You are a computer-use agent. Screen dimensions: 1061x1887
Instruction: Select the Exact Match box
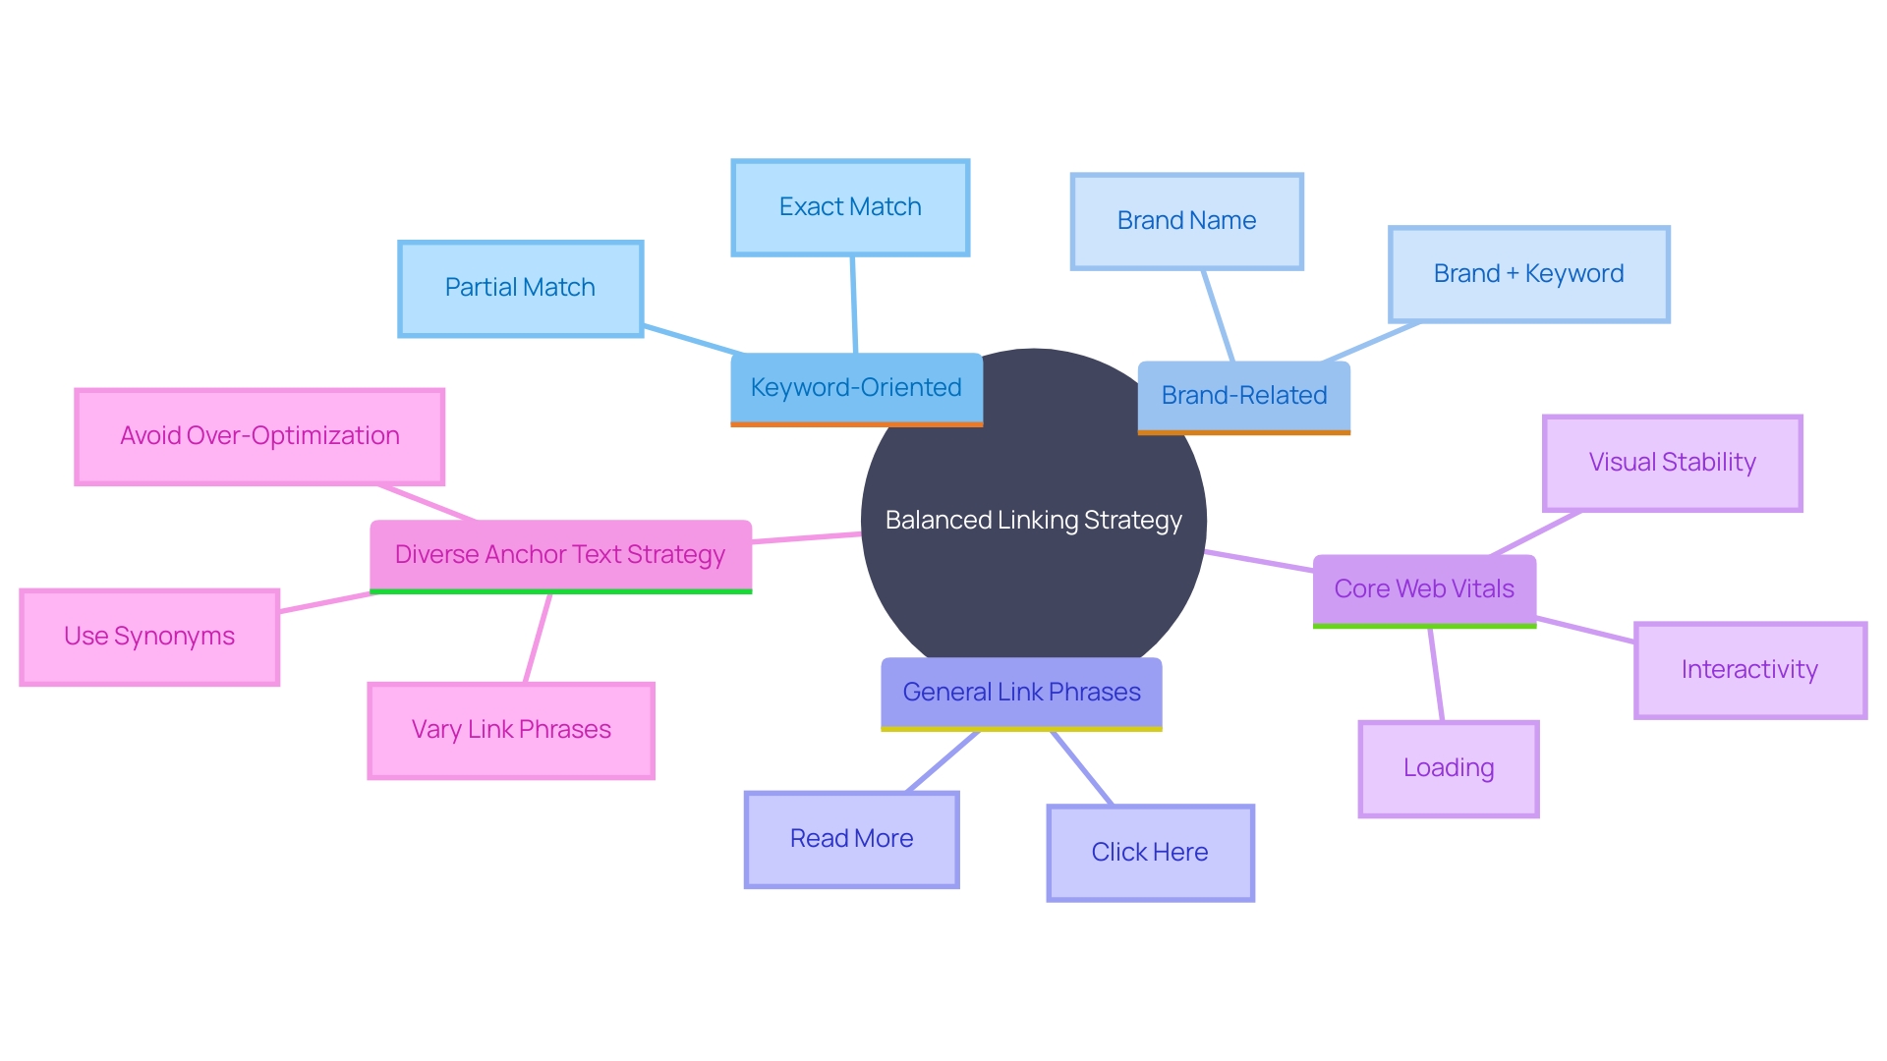coord(850,207)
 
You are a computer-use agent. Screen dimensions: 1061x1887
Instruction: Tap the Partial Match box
coord(520,288)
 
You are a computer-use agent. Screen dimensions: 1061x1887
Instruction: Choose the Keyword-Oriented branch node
coord(856,388)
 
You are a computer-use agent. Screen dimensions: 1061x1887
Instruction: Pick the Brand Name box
coord(1186,221)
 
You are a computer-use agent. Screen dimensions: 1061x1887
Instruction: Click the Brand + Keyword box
coord(1528,274)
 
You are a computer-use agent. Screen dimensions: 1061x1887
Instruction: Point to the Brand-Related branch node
coord(1243,396)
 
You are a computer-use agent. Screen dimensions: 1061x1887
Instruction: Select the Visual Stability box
coord(1672,463)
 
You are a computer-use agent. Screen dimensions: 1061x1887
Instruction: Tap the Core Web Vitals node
coord(1424,589)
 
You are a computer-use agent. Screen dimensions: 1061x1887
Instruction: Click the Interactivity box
coord(1749,670)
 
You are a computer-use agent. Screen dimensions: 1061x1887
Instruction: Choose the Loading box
coord(1449,768)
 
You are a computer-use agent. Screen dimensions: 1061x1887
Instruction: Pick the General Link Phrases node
coord(1021,693)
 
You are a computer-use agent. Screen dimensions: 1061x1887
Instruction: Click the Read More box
coord(851,839)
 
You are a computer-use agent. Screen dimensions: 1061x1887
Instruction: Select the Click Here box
coord(1150,853)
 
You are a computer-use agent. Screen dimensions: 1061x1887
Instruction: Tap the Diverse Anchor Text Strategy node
coord(560,555)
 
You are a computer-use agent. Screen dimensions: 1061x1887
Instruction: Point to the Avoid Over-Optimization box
coord(259,436)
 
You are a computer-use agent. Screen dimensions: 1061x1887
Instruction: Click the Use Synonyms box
coord(149,637)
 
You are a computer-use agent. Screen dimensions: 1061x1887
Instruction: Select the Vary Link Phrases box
coord(511,730)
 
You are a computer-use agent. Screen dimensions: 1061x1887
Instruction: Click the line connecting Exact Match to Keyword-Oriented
coord(854,305)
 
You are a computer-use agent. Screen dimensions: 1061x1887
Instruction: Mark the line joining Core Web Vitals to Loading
coord(1436,675)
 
